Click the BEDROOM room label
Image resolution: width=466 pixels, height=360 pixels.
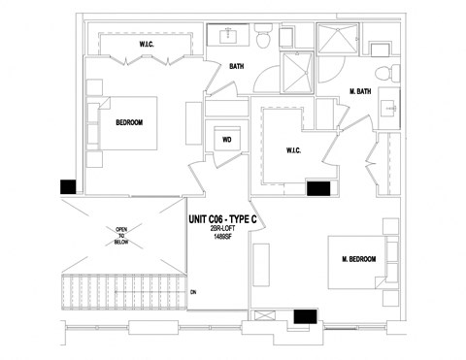tap(129, 123)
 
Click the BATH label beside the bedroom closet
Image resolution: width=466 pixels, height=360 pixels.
tap(236, 67)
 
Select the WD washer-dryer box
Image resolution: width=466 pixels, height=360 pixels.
tap(226, 140)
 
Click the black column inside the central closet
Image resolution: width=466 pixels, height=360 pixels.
tap(318, 188)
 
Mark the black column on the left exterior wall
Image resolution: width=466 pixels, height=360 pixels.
tap(68, 186)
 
